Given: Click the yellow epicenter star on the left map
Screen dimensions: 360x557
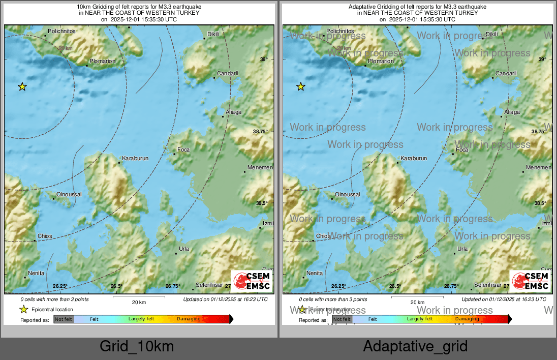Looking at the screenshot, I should pyautogui.click(x=22, y=86).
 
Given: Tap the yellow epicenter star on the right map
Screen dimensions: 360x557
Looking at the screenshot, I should pyautogui.click(x=300, y=86).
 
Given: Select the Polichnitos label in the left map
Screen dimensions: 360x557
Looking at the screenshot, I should pyautogui.click(x=61, y=32).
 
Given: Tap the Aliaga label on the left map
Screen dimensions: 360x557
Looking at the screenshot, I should pyautogui.click(x=234, y=112).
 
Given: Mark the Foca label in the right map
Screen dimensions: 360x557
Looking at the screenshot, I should pyautogui.click(x=462, y=149).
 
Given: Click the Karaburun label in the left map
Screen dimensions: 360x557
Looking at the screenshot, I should pyautogui.click(x=135, y=159).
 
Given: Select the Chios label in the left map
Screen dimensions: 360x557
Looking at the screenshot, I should pyautogui.click(x=45, y=236).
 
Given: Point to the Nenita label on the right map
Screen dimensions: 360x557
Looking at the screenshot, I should pyautogui.click(x=315, y=273).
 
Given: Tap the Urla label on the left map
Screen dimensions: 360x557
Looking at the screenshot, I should pyautogui.click(x=184, y=249).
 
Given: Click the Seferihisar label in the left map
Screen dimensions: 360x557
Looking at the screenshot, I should pyautogui.click(x=209, y=285).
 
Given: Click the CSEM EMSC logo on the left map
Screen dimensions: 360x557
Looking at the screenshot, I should pyautogui.click(x=252, y=281).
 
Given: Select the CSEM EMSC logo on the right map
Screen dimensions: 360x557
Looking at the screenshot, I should pyautogui.click(x=531, y=281).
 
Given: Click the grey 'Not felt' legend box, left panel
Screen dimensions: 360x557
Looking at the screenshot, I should pyautogui.click(x=64, y=319).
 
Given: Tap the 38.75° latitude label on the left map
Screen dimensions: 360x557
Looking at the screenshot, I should pyautogui.click(x=260, y=131).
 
